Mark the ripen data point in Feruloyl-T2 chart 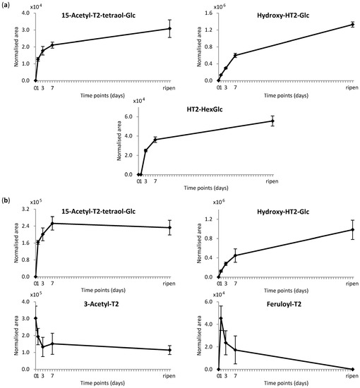point(352,369)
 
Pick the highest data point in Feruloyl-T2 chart point(221,318)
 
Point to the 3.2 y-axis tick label point(26,210)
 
